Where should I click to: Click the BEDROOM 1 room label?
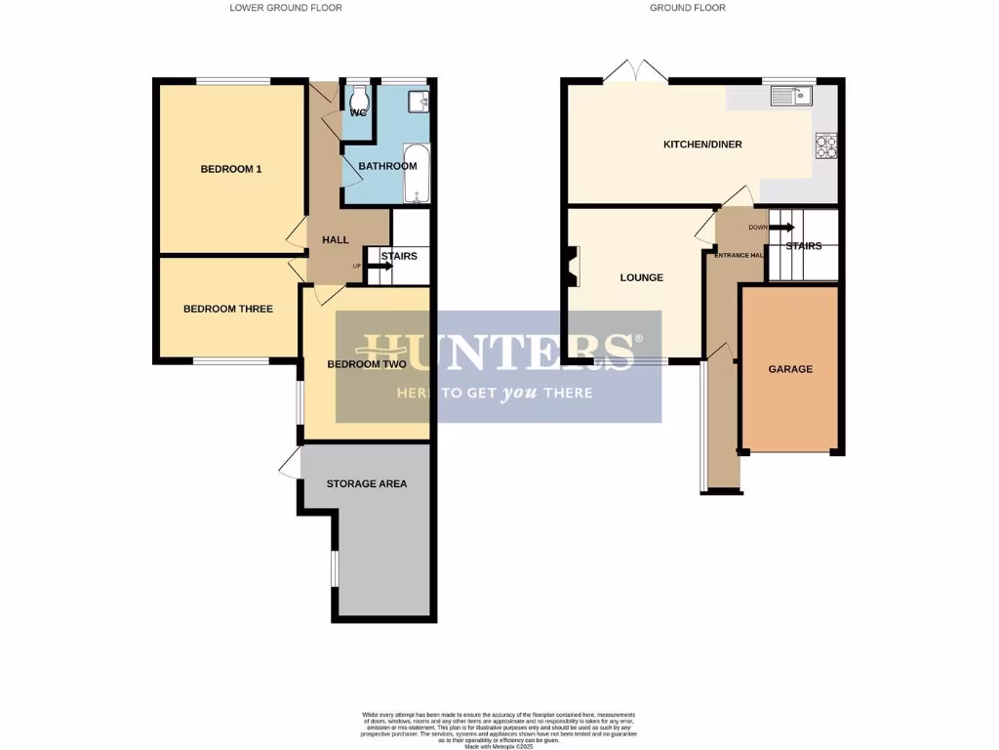pyautogui.click(x=231, y=169)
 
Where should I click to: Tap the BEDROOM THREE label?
pyautogui.click(x=228, y=309)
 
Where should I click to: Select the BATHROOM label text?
pyautogui.click(x=387, y=166)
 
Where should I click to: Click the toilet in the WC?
pyautogui.click(x=360, y=98)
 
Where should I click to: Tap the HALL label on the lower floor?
pyautogui.click(x=336, y=240)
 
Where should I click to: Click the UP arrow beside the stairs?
pyautogui.click(x=371, y=265)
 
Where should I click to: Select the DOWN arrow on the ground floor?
pyautogui.click(x=780, y=228)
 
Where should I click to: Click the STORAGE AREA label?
pyautogui.click(x=367, y=483)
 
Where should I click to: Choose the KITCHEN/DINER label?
pyautogui.click(x=702, y=145)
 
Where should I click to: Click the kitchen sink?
pyautogui.click(x=791, y=95)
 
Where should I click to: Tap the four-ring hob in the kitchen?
pyautogui.click(x=826, y=145)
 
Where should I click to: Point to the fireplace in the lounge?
pyautogui.click(x=569, y=267)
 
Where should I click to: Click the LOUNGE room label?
pyautogui.click(x=641, y=277)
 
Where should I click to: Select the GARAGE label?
pyautogui.click(x=790, y=369)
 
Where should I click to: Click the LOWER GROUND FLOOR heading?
pyautogui.click(x=286, y=8)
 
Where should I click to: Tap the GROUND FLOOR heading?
pyautogui.click(x=688, y=8)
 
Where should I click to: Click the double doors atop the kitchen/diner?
pyautogui.click(x=635, y=70)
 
